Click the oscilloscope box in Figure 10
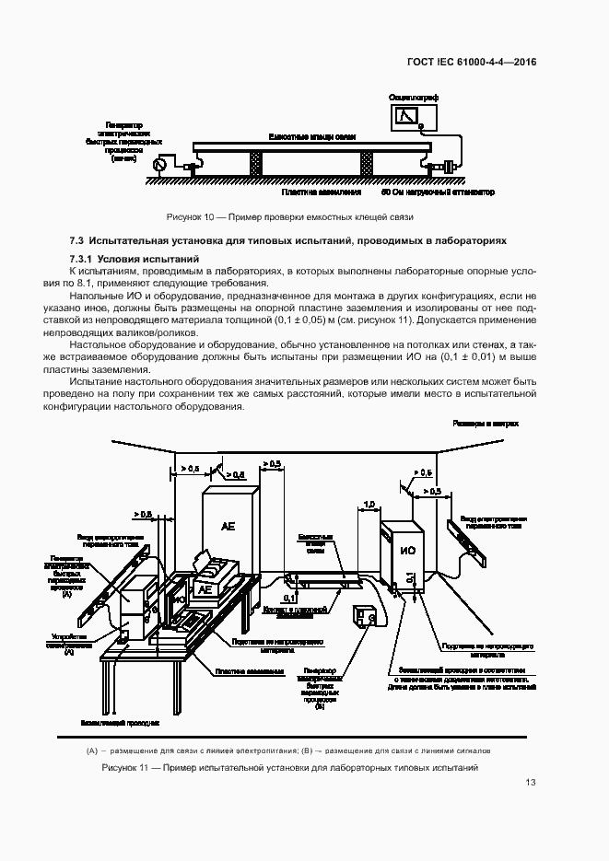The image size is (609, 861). click(x=404, y=115)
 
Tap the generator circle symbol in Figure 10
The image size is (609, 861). click(x=158, y=164)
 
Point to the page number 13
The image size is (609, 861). click(x=530, y=783)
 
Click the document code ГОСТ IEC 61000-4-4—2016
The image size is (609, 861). click(x=471, y=62)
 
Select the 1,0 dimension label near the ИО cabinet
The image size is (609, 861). click(x=369, y=505)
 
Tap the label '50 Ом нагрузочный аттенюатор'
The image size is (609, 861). click(x=438, y=193)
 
